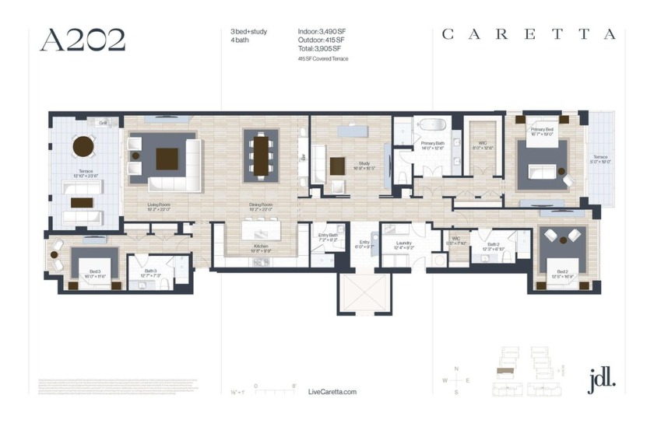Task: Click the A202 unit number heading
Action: (x=83, y=40)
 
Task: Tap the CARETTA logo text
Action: (x=529, y=34)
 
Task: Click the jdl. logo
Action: (x=601, y=379)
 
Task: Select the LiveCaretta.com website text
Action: (x=332, y=392)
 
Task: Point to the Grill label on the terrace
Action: (x=102, y=123)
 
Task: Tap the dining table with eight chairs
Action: (x=260, y=156)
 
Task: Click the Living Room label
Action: (x=159, y=206)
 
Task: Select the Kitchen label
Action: (x=260, y=246)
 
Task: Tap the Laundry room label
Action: (x=403, y=243)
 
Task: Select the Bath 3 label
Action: (x=150, y=271)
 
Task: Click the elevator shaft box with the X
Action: (x=360, y=293)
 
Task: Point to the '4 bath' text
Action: (x=239, y=40)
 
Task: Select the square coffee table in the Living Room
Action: (x=167, y=159)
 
